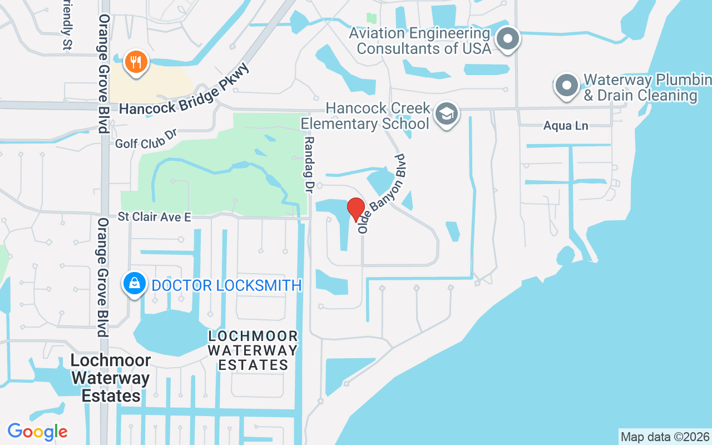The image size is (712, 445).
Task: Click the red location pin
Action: [356, 209]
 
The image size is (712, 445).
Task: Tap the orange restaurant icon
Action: [135, 61]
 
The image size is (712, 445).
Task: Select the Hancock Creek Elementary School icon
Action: [447, 114]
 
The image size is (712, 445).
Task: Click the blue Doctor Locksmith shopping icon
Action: [135, 284]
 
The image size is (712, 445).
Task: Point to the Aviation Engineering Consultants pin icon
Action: [507, 39]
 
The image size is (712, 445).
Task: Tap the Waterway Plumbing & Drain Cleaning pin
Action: [567, 86]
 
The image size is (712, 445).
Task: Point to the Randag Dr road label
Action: [310, 165]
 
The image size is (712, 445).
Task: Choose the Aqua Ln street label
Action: [566, 126]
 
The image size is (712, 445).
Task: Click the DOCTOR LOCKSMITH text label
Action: [226, 286]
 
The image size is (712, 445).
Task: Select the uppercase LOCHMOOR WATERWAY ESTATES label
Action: [253, 350]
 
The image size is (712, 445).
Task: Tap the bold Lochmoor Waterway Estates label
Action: [111, 378]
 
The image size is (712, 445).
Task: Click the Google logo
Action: [37, 432]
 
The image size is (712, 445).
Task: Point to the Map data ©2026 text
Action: [665, 437]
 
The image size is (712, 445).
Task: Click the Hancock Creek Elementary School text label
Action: [378, 115]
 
